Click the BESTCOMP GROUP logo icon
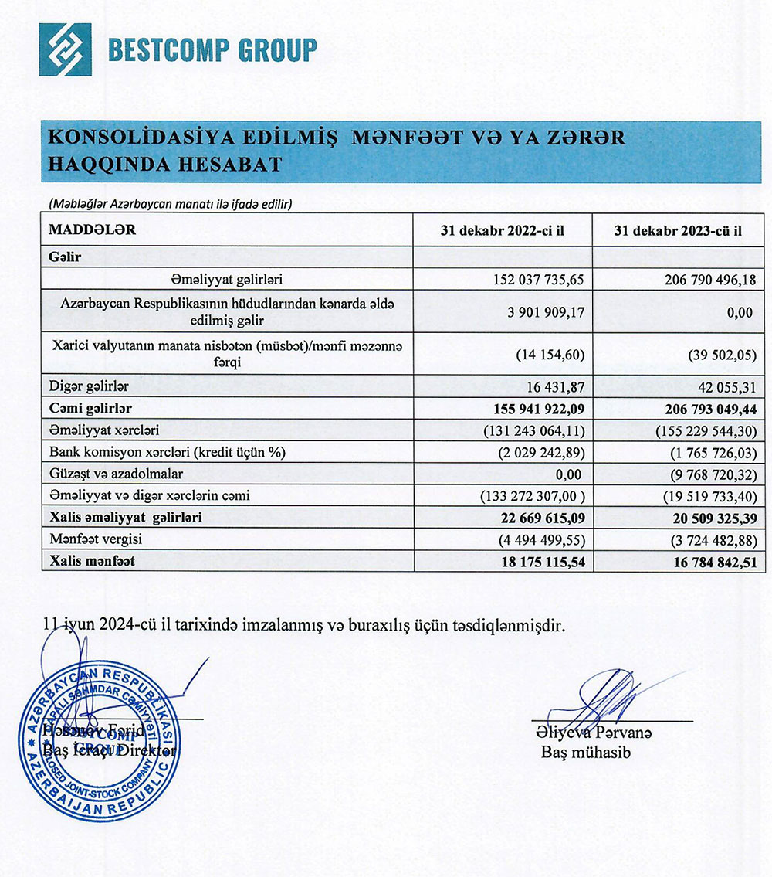click(65, 49)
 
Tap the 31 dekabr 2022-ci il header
click(502, 230)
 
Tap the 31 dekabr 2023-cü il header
click(679, 230)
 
